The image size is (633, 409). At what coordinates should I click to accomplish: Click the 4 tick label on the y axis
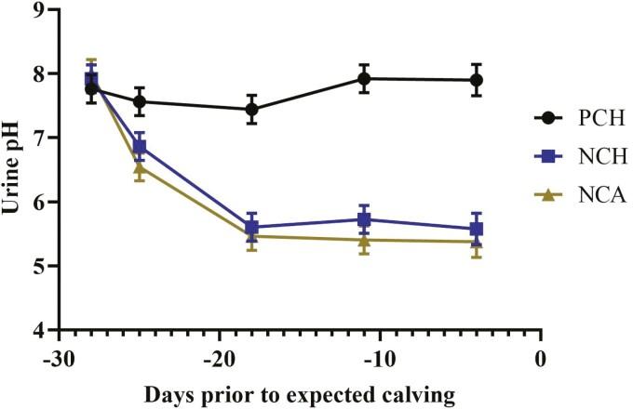tap(40, 330)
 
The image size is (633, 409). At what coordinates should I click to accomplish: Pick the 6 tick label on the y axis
tap(40, 202)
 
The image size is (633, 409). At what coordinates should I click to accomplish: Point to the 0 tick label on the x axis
tap(540, 358)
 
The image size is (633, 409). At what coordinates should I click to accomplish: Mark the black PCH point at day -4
tap(477, 80)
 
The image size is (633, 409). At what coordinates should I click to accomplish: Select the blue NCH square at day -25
tap(140, 147)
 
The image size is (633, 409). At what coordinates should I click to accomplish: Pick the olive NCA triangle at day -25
tap(140, 167)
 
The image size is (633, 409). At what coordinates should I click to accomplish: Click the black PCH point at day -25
tap(140, 101)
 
